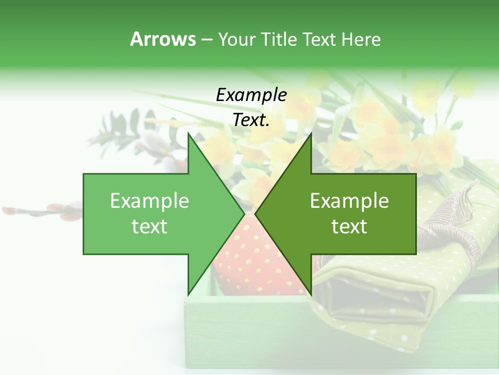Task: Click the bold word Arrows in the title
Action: coord(163,39)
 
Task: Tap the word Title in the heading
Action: coord(278,40)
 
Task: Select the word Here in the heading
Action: coord(361,40)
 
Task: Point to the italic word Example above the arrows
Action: coord(251,95)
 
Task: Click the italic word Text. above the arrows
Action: coord(251,120)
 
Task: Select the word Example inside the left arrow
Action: coord(150,201)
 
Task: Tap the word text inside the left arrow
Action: coord(150,227)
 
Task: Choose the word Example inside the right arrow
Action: coord(349,201)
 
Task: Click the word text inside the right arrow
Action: coord(349,227)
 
